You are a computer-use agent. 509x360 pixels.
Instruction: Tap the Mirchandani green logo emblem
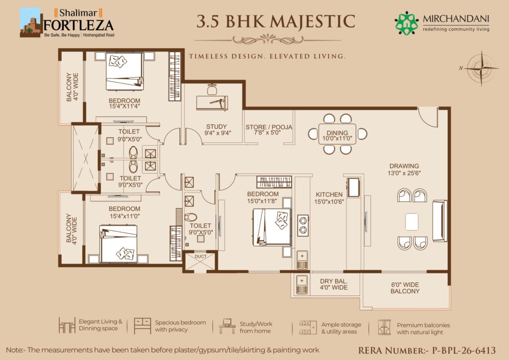(406, 23)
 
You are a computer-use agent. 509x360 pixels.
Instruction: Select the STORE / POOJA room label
(269, 127)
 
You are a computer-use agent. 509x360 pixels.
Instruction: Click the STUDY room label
(217, 127)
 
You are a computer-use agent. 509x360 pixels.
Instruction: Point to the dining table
(338, 134)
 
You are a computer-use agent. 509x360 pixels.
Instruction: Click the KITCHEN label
(329, 194)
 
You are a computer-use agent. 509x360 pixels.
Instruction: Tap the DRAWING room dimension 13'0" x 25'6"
(404, 173)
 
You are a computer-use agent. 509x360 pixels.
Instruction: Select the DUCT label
(200, 257)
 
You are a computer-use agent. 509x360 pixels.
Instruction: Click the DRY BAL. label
(334, 281)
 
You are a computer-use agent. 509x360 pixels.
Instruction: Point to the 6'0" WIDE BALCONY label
(405, 288)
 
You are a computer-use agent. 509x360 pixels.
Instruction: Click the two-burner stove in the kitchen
(303, 225)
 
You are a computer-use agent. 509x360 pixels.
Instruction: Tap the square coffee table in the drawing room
(412, 222)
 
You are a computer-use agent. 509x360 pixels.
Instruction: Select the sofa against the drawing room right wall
(440, 221)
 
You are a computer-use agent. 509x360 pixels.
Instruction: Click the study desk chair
(212, 89)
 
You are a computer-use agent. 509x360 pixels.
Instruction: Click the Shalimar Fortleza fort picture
(31, 22)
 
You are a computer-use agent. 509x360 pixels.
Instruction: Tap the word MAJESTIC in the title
(313, 21)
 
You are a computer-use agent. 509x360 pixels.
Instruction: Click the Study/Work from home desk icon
(227, 326)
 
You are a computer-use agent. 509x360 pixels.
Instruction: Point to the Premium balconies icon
(384, 327)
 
